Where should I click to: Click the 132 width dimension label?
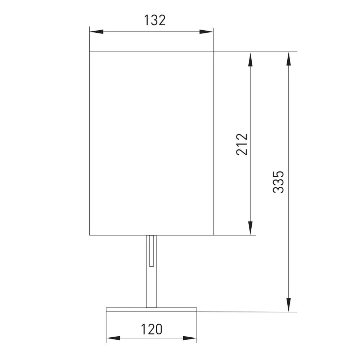click(x=154, y=20)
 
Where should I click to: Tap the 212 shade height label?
click(x=242, y=144)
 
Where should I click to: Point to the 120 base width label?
click(x=151, y=329)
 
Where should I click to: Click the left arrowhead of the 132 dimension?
click(x=96, y=32)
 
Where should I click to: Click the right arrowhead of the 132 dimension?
click(x=206, y=32)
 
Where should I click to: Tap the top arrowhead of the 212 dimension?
click(x=250, y=59)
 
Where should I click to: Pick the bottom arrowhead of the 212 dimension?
click(x=250, y=228)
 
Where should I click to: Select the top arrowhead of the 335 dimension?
click(x=289, y=59)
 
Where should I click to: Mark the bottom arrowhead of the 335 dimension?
click(x=289, y=305)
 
